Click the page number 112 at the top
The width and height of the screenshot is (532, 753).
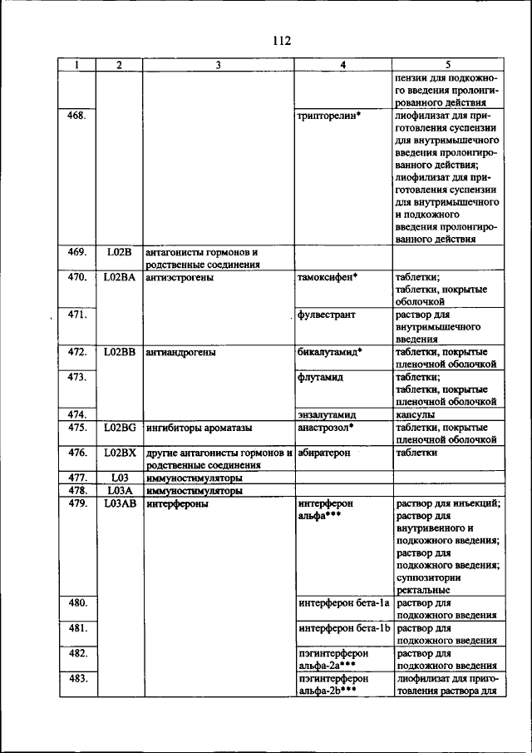[280, 40]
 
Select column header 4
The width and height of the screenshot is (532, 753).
[343, 65]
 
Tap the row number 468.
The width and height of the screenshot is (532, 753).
[76, 116]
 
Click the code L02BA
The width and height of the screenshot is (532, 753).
[120, 277]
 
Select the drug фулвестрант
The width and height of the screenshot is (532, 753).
[327, 315]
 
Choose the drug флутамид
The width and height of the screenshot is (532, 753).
[320, 377]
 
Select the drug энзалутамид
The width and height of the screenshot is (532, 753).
[327, 414]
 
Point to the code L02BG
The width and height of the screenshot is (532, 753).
[120, 428]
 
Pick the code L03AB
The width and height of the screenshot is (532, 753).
[120, 503]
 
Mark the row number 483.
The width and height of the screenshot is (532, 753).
[76, 679]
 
